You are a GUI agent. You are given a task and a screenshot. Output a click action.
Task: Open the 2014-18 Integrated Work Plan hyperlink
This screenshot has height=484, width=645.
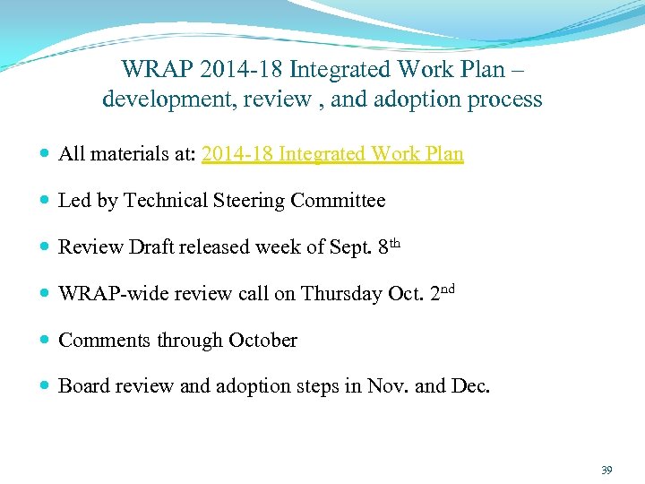332,154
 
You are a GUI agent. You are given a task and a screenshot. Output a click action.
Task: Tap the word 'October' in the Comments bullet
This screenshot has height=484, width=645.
262,341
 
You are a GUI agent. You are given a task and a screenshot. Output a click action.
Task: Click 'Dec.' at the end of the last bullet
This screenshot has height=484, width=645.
470,386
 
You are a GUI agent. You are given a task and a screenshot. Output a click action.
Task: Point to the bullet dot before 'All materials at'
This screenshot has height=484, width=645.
44,155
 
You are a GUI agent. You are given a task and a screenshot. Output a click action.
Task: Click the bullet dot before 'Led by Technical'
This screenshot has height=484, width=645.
44,202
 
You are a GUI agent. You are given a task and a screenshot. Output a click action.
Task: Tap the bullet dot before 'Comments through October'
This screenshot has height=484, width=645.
44,341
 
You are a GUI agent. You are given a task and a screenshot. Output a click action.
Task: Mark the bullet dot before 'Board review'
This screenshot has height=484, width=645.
44,387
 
